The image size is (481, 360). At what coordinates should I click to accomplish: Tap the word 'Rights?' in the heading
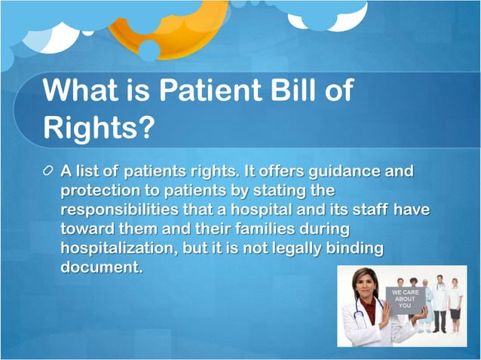tap(99, 128)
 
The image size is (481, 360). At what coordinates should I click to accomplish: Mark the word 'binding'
tap(358, 248)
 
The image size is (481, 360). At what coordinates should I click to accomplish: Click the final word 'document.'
tap(101, 267)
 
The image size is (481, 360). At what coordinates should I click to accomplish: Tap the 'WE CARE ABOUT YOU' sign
tap(405, 299)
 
